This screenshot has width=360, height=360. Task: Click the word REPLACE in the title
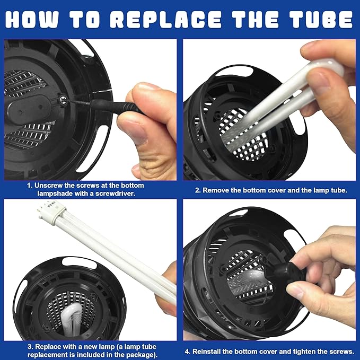[x=166, y=19]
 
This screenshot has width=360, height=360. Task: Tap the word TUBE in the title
[x=321, y=19]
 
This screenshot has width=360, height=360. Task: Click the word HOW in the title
[x=32, y=19]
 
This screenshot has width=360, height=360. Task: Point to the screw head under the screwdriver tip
[x=63, y=100]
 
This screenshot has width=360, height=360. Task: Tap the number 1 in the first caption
[x=29, y=186]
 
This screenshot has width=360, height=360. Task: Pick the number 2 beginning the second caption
[x=197, y=190]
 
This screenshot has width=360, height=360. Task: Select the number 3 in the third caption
[x=30, y=347]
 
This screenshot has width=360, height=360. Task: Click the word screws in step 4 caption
[x=341, y=352]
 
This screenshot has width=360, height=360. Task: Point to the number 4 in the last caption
[x=187, y=352]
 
